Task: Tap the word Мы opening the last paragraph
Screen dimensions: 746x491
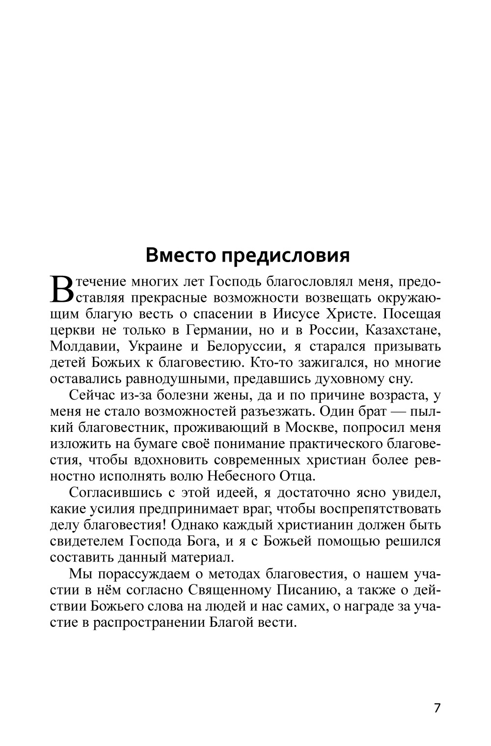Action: tap(80, 573)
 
